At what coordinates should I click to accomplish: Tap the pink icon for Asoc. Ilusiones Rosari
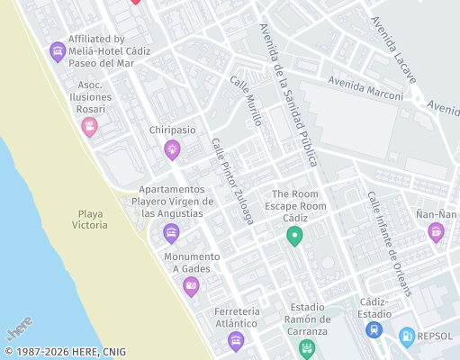[x=89, y=126]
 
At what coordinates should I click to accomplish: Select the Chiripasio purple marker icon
[x=172, y=149]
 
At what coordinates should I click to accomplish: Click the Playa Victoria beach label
[x=92, y=219]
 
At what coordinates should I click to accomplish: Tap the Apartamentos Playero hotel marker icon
[x=171, y=234]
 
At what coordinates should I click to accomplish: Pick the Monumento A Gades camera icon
[x=191, y=286]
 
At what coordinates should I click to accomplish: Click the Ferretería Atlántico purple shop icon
[x=236, y=339]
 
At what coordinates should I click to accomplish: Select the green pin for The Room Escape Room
[x=293, y=237]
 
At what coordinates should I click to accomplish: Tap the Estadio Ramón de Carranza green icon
[x=308, y=347]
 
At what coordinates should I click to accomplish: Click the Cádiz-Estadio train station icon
[x=374, y=330]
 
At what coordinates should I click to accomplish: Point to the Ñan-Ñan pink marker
[x=437, y=232]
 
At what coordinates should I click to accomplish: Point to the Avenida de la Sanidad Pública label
[x=288, y=95]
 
